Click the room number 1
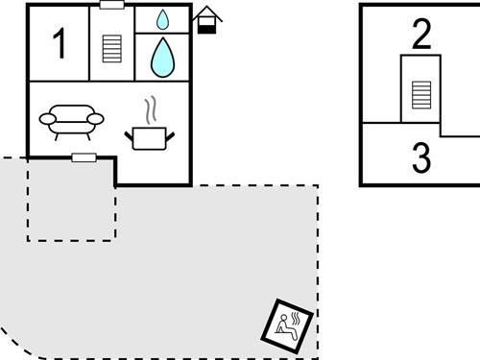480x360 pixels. [x=60, y=43]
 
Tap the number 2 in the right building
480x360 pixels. [x=421, y=35]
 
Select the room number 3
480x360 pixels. [x=421, y=157]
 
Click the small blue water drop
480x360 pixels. [x=162, y=18]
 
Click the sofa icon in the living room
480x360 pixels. [x=71, y=122]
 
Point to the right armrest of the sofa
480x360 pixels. [x=95, y=118]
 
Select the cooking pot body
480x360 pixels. [x=148, y=138]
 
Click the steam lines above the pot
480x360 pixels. [x=150, y=109]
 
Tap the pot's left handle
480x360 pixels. [x=129, y=135]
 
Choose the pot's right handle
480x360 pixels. [x=170, y=135]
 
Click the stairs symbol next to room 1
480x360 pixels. [x=112, y=48]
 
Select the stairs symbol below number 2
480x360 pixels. [x=420, y=94]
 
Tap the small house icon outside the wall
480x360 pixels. [x=206, y=20]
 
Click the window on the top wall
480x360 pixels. [x=111, y=5]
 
